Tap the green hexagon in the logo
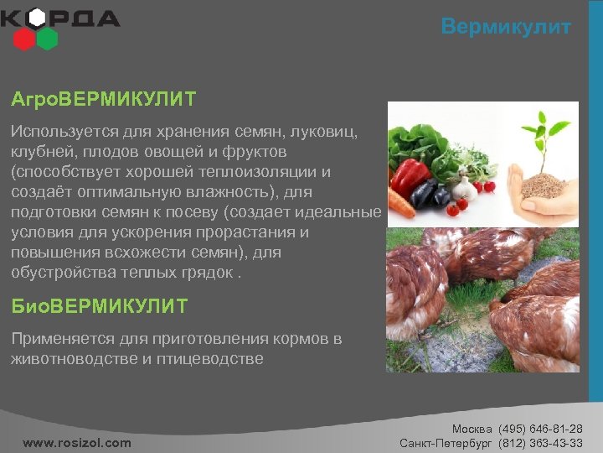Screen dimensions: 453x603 [x=47, y=38]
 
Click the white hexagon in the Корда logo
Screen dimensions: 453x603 [x=36, y=18]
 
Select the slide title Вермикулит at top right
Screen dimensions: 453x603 [x=506, y=27]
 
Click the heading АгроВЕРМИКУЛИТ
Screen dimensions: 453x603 [x=103, y=100]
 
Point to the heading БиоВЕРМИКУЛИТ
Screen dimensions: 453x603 [x=99, y=307]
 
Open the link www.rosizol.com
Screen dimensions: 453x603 [x=77, y=442]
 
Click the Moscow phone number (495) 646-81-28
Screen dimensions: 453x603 [x=540, y=429]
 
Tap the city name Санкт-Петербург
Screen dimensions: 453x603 [x=446, y=442]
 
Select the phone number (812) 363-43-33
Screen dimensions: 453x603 [x=540, y=442]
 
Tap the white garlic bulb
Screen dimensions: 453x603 [x=466, y=188]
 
